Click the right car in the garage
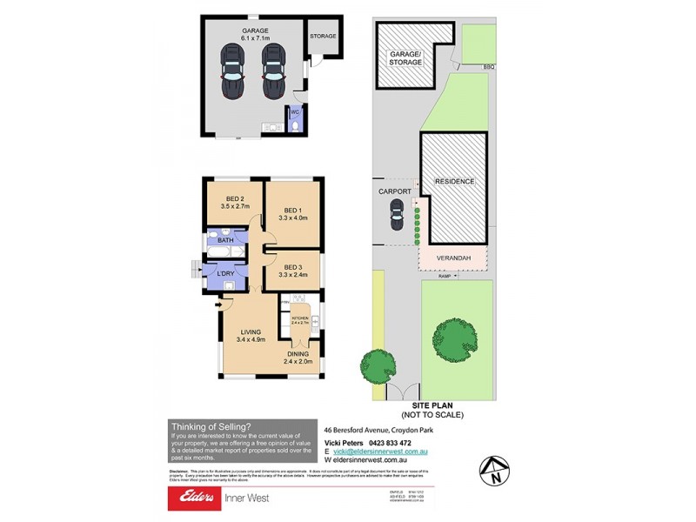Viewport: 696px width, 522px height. (273, 73)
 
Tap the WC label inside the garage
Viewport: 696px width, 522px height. (294, 112)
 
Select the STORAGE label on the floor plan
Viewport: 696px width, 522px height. (324, 37)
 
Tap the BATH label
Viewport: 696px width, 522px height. (225, 239)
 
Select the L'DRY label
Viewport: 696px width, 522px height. (225, 274)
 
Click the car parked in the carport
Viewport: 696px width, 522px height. (397, 215)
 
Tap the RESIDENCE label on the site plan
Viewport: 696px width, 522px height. (453, 181)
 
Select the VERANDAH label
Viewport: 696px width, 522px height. (453, 258)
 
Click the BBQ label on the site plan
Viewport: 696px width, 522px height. (489, 66)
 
